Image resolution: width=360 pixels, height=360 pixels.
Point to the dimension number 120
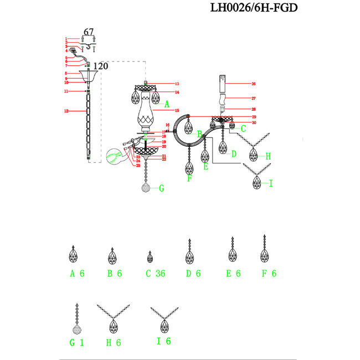pos(100,66)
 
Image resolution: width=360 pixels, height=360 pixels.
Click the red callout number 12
pos(66,111)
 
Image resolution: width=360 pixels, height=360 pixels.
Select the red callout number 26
pos(254,84)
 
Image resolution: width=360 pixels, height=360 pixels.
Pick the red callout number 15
pos(177,111)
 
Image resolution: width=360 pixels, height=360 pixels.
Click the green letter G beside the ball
pos(161,188)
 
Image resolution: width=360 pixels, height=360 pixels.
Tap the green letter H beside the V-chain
pos(268,156)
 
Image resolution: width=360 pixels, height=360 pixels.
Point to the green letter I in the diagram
pos(271,183)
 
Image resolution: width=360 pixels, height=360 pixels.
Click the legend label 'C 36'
pos(155,274)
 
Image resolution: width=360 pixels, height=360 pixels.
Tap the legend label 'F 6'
pos(269,274)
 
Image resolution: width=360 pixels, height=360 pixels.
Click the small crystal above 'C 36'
pos(150,257)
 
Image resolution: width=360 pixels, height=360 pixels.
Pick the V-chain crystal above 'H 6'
pos(113,321)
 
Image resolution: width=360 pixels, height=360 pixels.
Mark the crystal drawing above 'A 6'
pos(73,255)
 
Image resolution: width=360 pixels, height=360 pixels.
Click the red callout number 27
pos(254,98)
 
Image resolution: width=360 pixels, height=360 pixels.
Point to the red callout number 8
pos(66,73)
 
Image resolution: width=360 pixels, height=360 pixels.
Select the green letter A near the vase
pos(166,103)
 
